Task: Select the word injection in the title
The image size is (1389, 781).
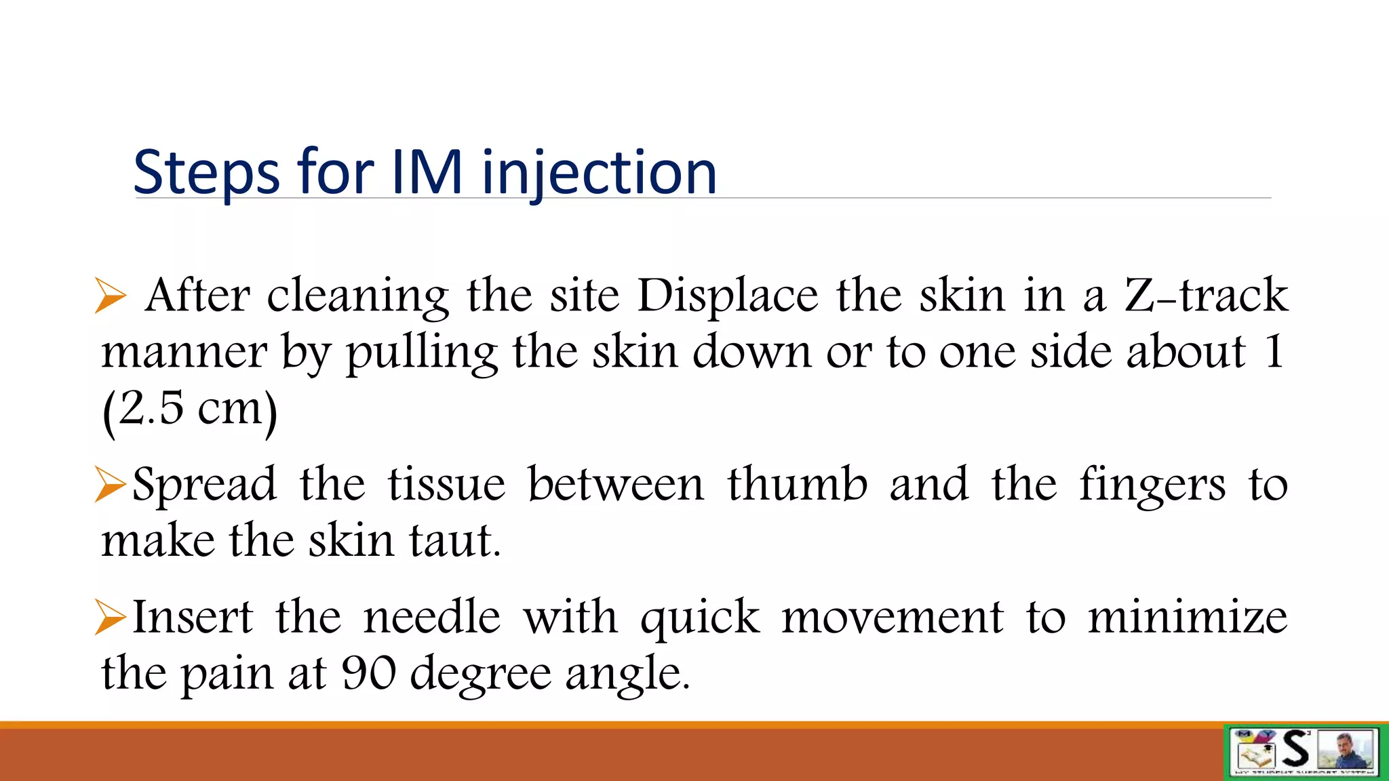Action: coord(599,174)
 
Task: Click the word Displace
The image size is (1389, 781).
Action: coord(728,297)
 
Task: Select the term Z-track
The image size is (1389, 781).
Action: coord(1206,296)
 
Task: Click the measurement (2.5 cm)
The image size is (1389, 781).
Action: coord(190,409)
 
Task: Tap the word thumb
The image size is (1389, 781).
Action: coord(798,484)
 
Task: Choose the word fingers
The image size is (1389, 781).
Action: coord(1152,485)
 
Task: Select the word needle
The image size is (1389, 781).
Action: coord(432,617)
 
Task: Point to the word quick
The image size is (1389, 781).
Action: coord(700,618)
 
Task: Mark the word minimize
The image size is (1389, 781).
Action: coord(1188,617)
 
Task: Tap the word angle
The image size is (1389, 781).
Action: coord(627,674)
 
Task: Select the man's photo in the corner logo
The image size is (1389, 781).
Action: coord(1346,750)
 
